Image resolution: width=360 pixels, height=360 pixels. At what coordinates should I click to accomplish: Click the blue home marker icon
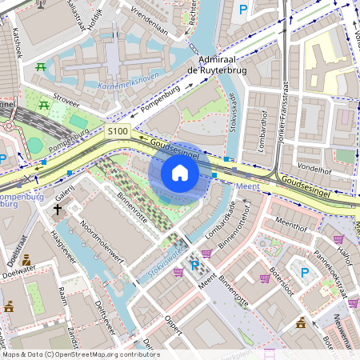180,173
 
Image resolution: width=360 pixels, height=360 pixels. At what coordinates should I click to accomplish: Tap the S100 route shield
118,131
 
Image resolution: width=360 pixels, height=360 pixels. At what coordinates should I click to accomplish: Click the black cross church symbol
57,210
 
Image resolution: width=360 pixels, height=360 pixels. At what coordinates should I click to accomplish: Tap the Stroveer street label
66,102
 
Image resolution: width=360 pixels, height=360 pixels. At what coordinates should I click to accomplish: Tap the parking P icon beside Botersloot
305,273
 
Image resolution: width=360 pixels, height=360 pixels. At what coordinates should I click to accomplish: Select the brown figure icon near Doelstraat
26,259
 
